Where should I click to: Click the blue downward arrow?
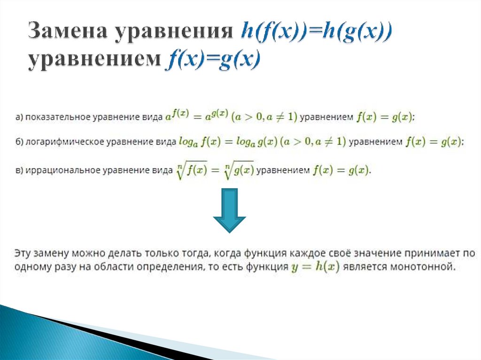click(x=229, y=210)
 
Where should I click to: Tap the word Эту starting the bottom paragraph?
click(x=22, y=253)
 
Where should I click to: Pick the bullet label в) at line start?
click(x=19, y=170)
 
